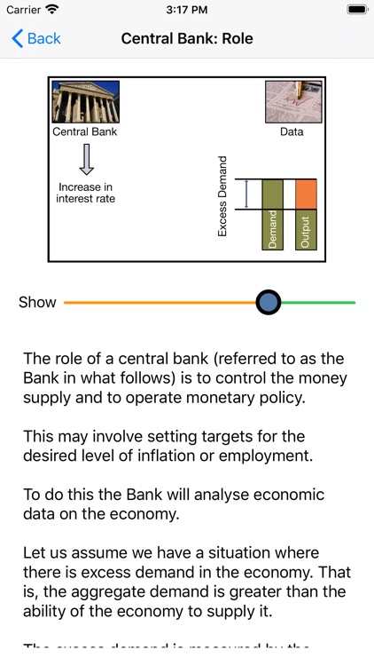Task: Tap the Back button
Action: click(36, 39)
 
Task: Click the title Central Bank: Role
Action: click(187, 39)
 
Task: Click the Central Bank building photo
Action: click(85, 102)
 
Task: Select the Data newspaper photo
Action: click(292, 102)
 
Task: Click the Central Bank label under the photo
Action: click(85, 132)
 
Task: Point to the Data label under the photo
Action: click(292, 132)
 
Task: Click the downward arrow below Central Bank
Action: click(86, 160)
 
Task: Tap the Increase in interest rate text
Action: click(86, 193)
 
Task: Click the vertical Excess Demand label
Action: click(222, 196)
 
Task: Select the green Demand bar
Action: click(273, 214)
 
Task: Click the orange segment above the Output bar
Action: click(306, 194)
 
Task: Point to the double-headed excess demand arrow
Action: click(248, 194)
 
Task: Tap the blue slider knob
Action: click(269, 302)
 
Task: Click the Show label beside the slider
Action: click(37, 302)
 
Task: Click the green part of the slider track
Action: click(319, 303)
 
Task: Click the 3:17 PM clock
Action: click(187, 9)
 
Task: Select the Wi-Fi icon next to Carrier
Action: click(52, 9)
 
